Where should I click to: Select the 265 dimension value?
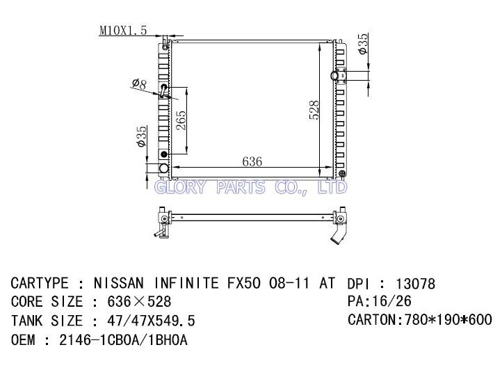(181, 122)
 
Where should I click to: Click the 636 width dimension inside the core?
(252, 161)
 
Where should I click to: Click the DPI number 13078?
(415, 284)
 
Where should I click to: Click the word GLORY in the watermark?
(179, 188)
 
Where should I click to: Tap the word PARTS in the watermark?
(240, 188)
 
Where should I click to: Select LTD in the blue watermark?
(332, 188)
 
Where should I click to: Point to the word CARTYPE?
(40, 284)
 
